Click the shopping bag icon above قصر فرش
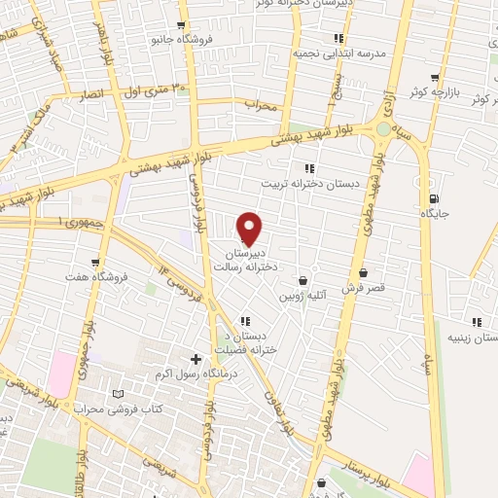(364, 273)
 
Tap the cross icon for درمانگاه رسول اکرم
(196, 359)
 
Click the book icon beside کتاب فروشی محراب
(119, 394)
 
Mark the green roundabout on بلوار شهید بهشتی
(384, 127)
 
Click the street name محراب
(262, 104)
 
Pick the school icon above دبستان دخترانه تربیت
(309, 168)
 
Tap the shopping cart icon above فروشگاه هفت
(95, 261)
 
